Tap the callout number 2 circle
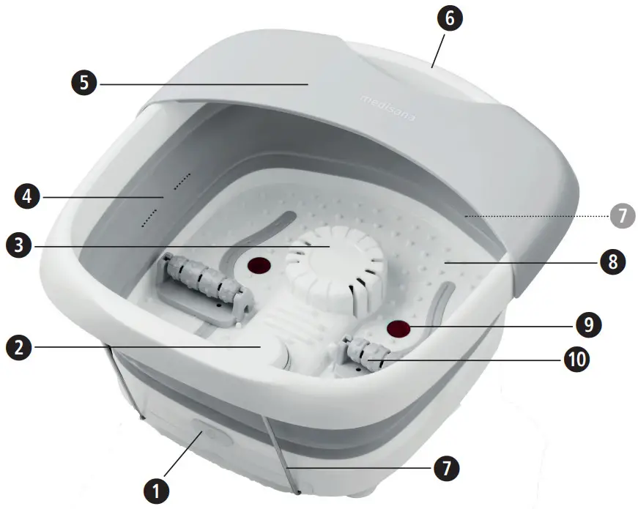20,346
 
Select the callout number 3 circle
20,245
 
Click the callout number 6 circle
449,17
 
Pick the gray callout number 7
620,215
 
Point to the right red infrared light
398,327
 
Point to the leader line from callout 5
205,84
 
